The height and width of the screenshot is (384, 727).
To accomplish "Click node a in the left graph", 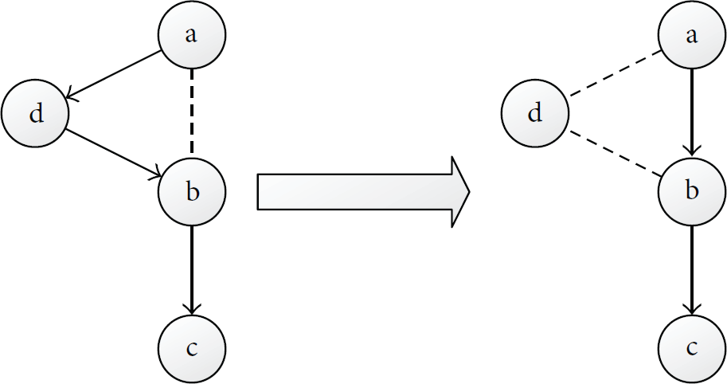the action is click(x=192, y=35).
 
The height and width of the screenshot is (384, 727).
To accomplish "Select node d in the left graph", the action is click(x=35, y=113).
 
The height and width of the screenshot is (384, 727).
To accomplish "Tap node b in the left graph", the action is click(x=192, y=191).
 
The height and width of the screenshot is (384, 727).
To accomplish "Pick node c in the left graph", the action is click(x=192, y=349).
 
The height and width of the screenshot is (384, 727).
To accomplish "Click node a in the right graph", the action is click(x=692, y=35).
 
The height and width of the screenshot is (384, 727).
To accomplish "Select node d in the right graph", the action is click(x=535, y=113).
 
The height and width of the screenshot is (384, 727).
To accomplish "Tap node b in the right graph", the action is click(x=692, y=191).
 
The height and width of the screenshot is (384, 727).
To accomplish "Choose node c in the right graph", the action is click(x=692, y=349).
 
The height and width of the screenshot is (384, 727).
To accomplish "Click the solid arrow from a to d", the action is click(x=113, y=74).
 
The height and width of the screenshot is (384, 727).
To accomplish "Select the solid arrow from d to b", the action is click(x=113, y=153).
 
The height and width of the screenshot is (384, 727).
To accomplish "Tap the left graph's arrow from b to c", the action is click(x=192, y=270).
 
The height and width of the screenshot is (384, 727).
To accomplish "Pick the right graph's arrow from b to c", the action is click(x=692, y=270).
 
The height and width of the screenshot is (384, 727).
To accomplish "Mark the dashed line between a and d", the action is click(x=615, y=74).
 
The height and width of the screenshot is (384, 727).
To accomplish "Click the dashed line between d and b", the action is click(x=615, y=153).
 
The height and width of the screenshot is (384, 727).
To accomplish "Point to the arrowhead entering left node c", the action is click(x=192, y=309).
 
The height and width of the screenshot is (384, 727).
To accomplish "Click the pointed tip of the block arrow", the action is click(x=470, y=192).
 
